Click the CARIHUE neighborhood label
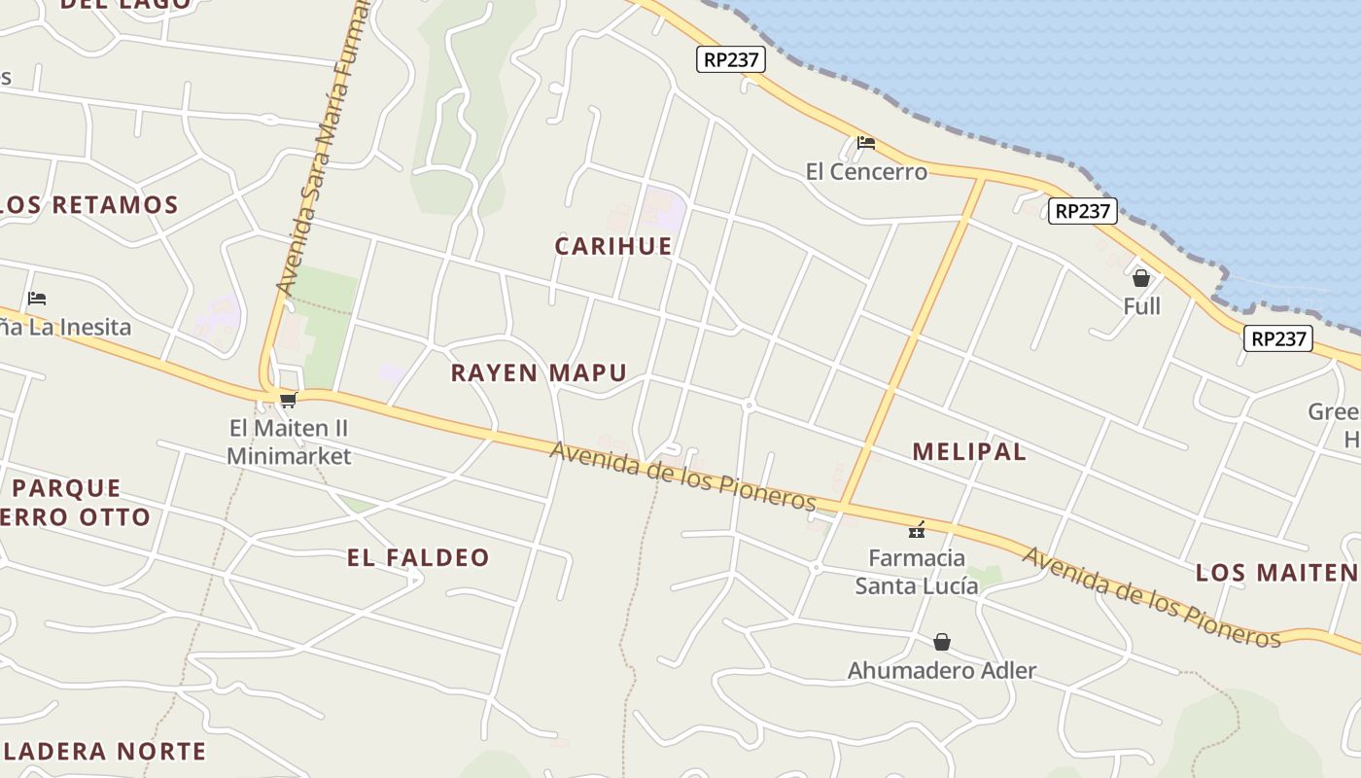coord(613,246)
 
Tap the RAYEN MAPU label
coord(539,372)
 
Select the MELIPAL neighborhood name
coord(969,451)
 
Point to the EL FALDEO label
coord(419,557)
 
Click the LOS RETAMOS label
coord(89,205)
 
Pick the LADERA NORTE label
coord(104,751)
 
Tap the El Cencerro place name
coord(866,172)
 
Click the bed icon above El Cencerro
coord(866,143)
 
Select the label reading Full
coord(1141,306)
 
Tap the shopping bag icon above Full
coord(1141,278)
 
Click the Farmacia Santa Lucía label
coord(916,572)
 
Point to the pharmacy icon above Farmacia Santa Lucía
coord(916,530)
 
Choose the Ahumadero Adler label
coord(941,670)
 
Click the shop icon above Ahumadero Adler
coord(941,642)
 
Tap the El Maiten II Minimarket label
coord(289,442)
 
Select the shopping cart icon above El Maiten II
coord(288,400)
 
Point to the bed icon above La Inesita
coord(37,299)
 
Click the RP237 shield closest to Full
coord(1082,211)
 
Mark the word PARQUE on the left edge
coord(67,487)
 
